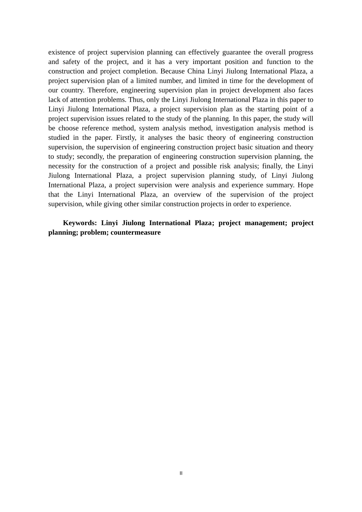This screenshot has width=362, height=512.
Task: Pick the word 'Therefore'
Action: [102, 90]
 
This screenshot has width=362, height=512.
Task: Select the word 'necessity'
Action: [61, 166]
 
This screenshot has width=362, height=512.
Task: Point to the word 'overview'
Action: [187, 195]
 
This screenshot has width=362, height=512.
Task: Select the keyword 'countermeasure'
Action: [136, 232]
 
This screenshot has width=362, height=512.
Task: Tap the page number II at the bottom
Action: [181, 473]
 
